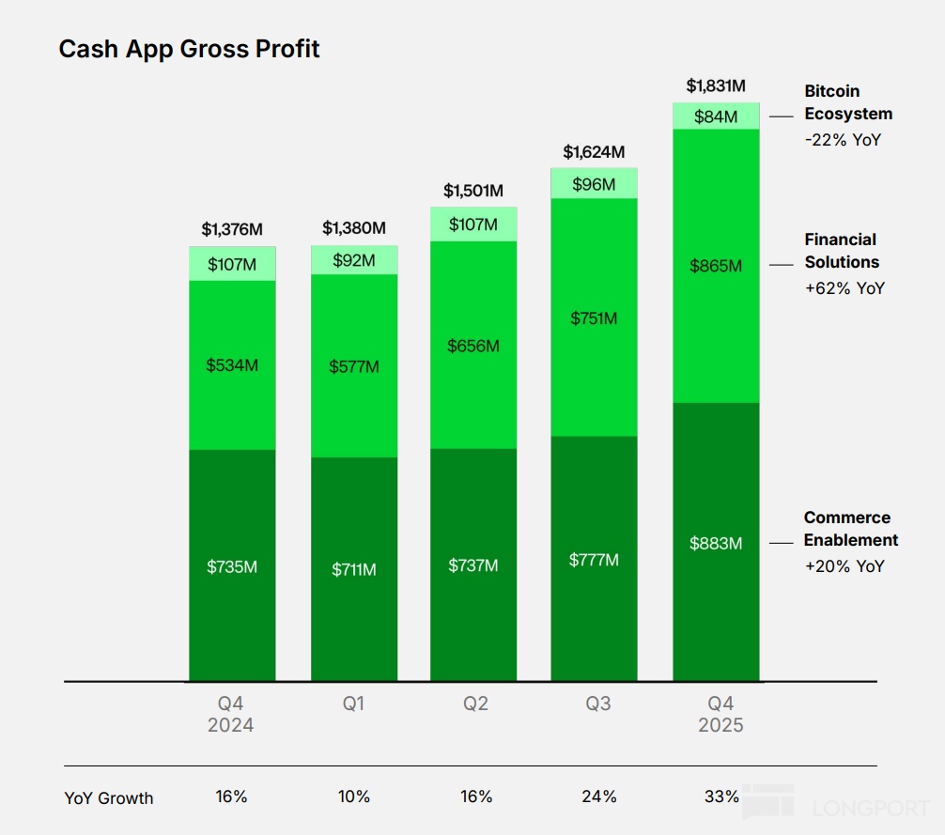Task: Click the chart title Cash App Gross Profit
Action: click(189, 49)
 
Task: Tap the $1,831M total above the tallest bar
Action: click(716, 86)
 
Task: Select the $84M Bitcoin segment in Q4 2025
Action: click(716, 116)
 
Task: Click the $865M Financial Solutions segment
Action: click(716, 266)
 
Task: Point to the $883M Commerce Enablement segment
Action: click(716, 543)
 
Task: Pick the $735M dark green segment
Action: click(232, 566)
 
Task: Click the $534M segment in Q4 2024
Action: click(232, 364)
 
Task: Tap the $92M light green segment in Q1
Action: click(354, 260)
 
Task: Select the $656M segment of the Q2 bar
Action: click(473, 346)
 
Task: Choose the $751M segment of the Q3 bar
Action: click(594, 318)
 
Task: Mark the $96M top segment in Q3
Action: click(594, 184)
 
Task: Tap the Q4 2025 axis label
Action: click(720, 714)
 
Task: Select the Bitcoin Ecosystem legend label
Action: click(848, 102)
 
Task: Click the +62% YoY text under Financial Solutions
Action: click(844, 288)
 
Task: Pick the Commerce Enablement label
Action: click(850, 529)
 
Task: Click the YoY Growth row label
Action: click(109, 798)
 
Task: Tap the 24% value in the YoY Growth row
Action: click(598, 796)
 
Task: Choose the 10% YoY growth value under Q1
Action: click(354, 796)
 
